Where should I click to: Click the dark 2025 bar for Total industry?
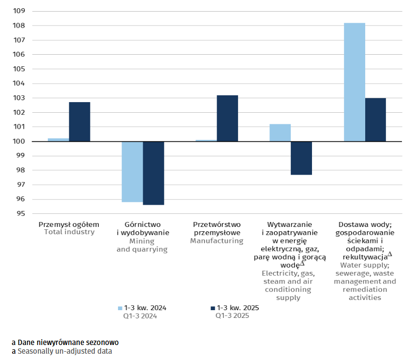coord(79,122)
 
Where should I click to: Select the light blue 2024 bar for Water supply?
coord(354,82)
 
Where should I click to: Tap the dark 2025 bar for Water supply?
coord(375,120)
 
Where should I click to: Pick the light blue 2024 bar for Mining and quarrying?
coord(132,172)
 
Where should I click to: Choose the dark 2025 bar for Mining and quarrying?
coord(153,173)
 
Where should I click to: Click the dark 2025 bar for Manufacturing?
coord(227,119)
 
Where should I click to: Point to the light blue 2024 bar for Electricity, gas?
coord(280,133)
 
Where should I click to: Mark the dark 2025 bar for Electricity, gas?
coord(301,158)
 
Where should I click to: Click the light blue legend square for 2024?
coord(120,308)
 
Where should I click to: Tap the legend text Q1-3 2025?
coord(232,316)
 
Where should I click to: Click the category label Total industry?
coord(69,232)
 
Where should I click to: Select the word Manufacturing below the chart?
coord(216,240)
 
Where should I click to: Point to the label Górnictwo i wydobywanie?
coord(142,228)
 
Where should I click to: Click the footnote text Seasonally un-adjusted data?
coord(64,351)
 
